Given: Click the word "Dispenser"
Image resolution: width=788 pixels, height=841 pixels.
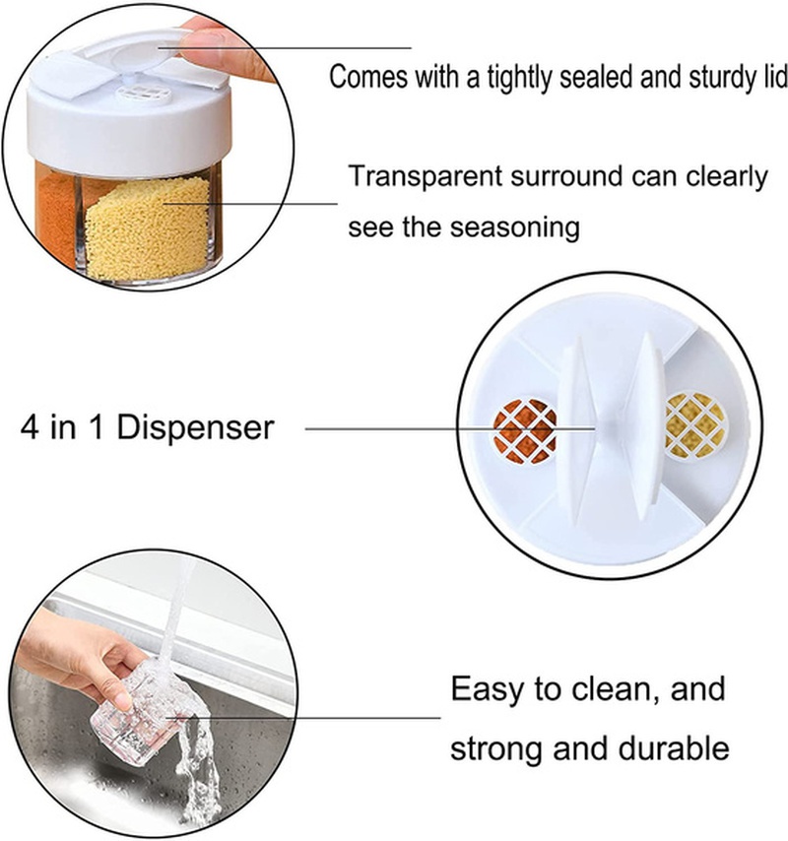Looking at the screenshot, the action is pyautogui.click(x=195, y=428).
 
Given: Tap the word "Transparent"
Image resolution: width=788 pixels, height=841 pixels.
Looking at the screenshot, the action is pyautogui.click(x=426, y=176).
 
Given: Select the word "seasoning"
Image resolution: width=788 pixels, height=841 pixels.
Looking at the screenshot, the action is pyautogui.click(x=515, y=227).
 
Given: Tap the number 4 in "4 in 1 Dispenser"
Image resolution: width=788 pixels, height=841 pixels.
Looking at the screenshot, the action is pyautogui.click(x=30, y=428).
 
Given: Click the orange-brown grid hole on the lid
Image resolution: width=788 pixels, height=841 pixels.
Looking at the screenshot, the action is pyautogui.click(x=524, y=430).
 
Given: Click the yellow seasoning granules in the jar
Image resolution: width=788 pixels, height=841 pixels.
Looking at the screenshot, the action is pyautogui.click(x=148, y=230).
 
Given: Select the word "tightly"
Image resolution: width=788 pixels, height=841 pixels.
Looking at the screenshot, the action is pyautogui.click(x=519, y=77).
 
